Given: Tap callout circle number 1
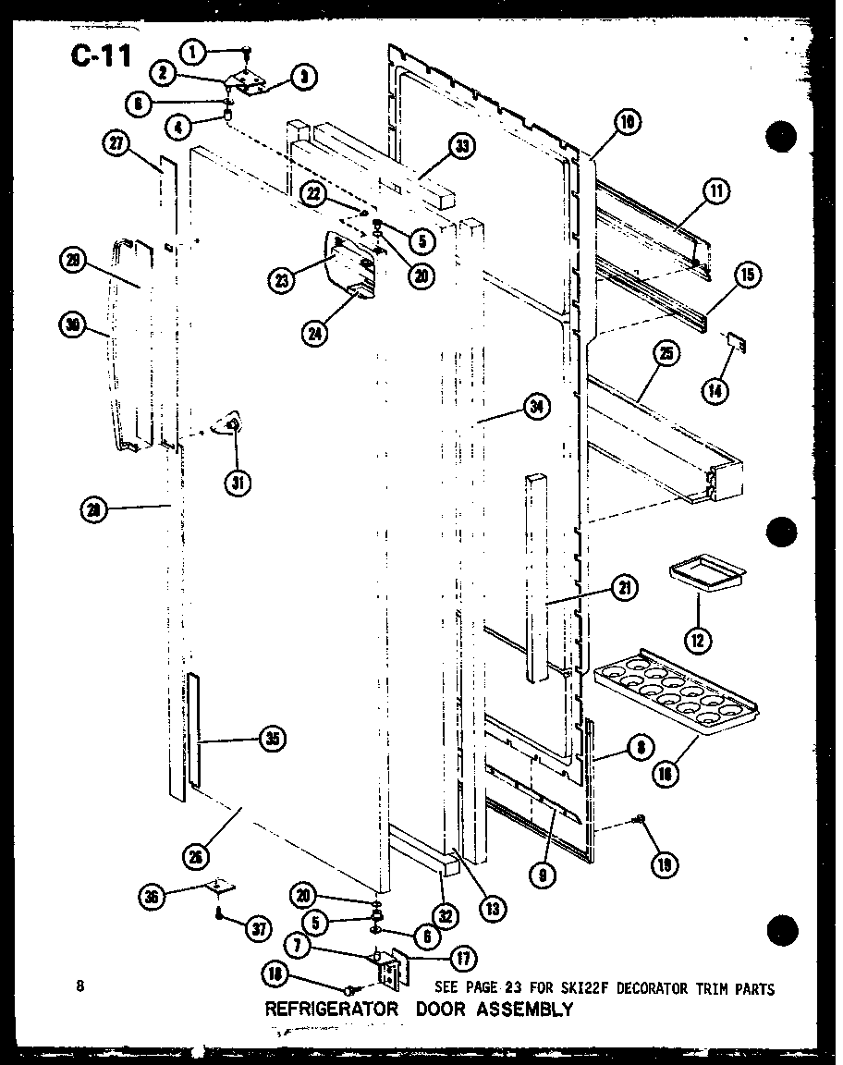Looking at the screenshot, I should (193, 54).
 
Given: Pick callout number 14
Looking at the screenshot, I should (715, 389).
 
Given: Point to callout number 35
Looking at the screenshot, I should (272, 739).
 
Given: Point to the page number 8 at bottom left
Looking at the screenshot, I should (81, 986).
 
